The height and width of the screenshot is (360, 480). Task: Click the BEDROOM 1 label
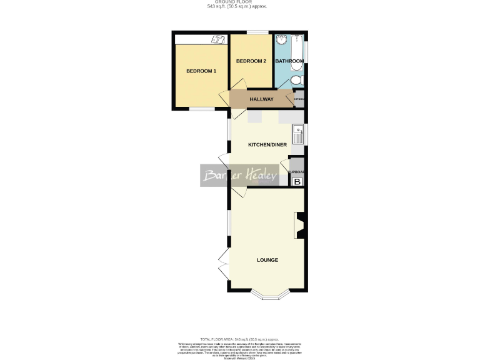[201, 71]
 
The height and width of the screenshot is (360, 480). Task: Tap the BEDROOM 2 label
[251, 61]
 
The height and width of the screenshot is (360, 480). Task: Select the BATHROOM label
[289, 61]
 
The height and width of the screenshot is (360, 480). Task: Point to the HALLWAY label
[262, 99]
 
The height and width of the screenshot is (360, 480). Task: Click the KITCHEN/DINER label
[267, 145]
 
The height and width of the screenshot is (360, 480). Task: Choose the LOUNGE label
[267, 260]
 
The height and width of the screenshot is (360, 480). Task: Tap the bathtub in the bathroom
[300, 59]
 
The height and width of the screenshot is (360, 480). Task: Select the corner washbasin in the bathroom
[282, 41]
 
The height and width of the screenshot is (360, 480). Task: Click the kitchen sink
[297, 136]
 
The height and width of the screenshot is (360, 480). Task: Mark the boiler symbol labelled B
[297, 182]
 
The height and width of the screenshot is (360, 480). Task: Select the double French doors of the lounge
[222, 262]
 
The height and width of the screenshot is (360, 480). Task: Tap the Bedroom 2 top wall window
[254, 32]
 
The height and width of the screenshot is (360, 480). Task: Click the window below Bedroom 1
[201, 109]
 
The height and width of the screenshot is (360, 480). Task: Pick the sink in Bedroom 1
[219, 40]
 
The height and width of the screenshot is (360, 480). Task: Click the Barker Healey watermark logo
[239, 176]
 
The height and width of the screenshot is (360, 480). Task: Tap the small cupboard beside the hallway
[299, 99]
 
